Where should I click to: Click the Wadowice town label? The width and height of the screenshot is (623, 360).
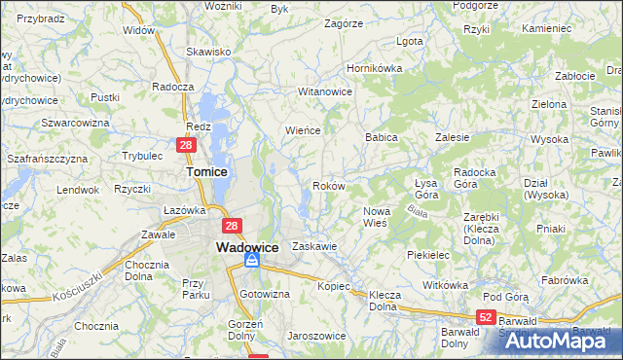pos(247,247)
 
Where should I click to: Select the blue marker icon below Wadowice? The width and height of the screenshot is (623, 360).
pos(251,261)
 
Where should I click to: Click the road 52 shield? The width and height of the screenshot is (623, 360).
pos(487,317)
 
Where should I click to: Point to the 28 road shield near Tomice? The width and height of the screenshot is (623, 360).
pos(187,145)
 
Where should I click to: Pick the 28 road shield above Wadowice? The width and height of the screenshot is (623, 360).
pos(232,227)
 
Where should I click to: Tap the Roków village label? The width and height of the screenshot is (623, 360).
pos(326,186)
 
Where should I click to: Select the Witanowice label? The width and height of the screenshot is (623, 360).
pos(324,91)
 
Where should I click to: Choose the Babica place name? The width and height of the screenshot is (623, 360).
pos(382,138)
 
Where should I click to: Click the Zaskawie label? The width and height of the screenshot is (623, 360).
pos(313,247)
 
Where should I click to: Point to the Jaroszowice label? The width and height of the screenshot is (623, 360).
pos(315,336)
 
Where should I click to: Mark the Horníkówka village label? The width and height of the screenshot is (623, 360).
pos(375,69)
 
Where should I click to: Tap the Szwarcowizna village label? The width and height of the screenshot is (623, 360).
pos(74,123)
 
